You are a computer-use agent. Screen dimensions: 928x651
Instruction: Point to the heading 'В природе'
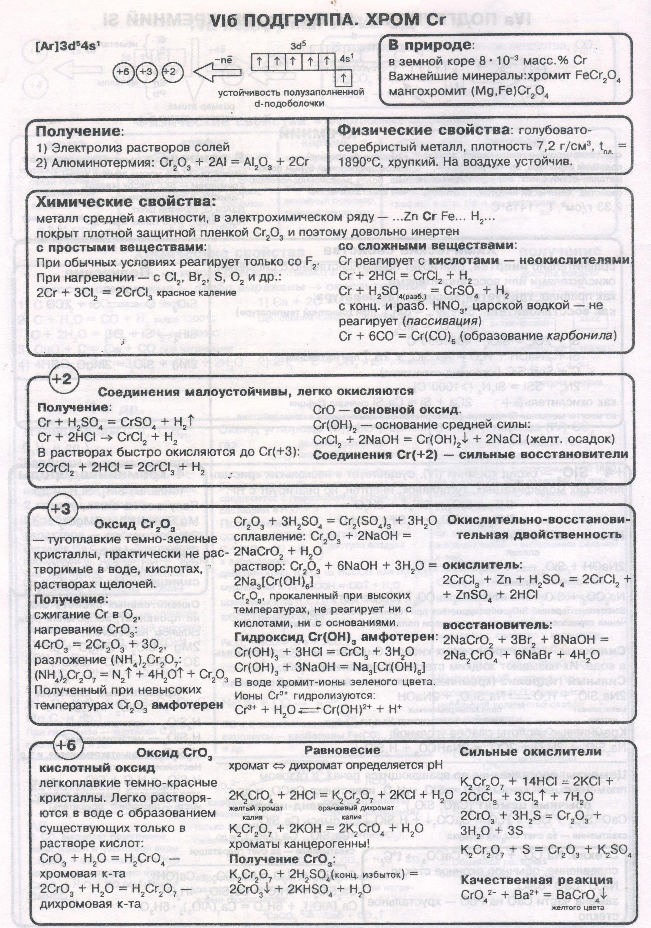tap(430, 45)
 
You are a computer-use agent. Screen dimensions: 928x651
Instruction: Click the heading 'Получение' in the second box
tap(78, 131)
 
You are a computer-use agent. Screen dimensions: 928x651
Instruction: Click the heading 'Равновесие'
tap(342, 750)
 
